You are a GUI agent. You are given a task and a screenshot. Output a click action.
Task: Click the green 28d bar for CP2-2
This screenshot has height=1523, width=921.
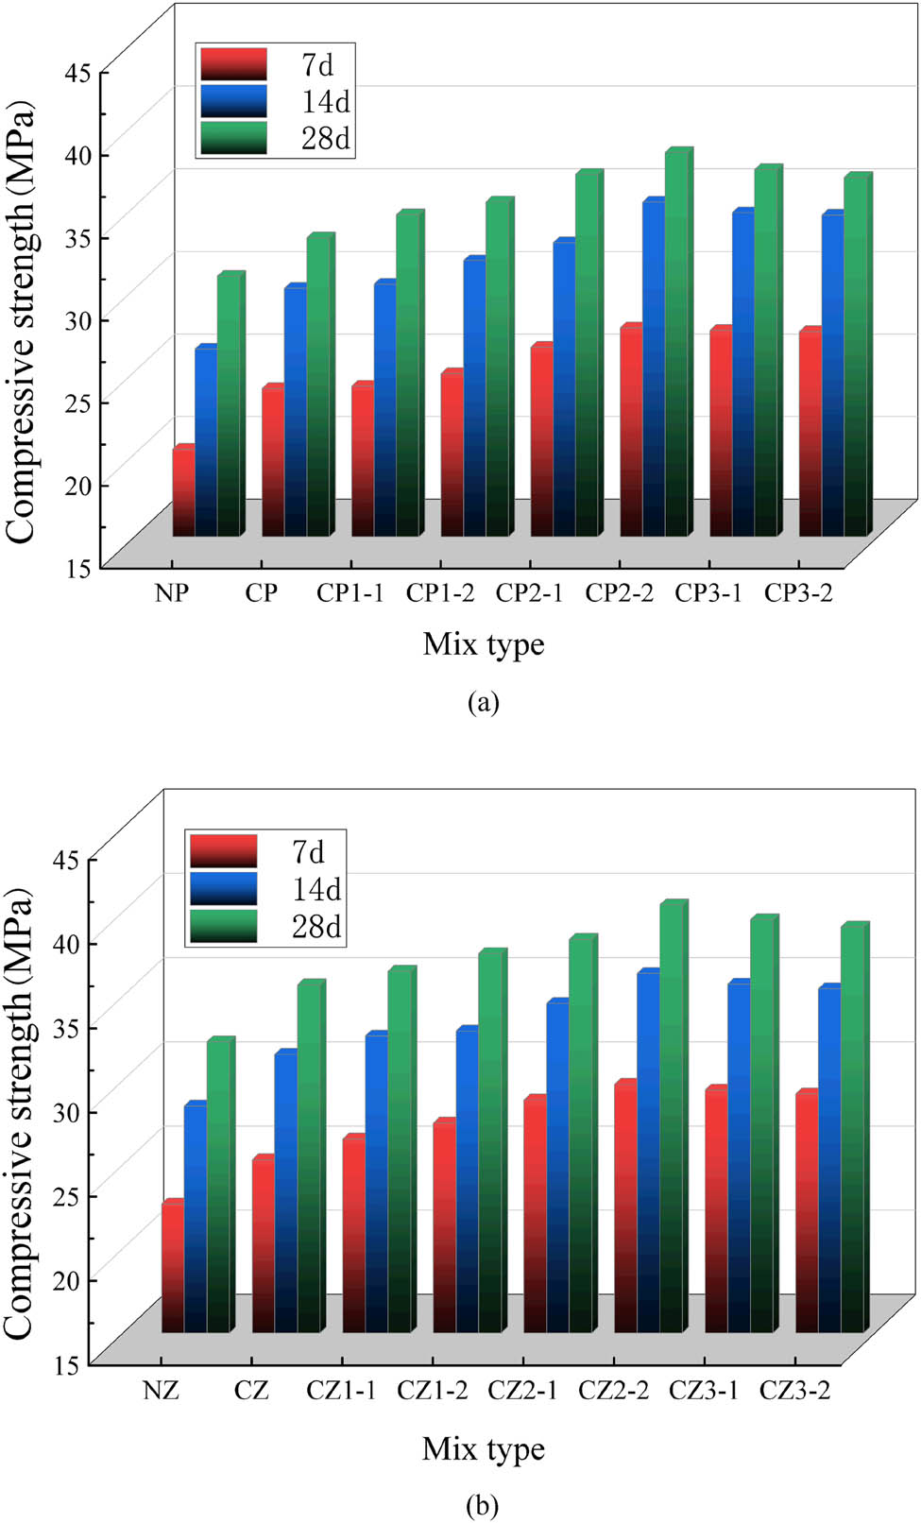tap(677, 345)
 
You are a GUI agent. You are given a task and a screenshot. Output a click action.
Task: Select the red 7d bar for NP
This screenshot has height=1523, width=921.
tap(183, 491)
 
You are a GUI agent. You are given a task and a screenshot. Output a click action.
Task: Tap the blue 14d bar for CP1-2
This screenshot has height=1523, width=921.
tap(474, 397)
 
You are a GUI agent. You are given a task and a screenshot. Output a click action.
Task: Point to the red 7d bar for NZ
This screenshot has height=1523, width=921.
tap(173, 1268)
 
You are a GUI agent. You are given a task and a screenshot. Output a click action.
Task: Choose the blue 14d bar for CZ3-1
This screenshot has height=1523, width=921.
tap(739, 1157)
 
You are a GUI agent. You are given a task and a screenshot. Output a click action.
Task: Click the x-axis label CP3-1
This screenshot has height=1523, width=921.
tap(708, 593)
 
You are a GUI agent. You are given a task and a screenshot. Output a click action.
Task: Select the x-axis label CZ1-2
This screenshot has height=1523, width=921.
tap(432, 1391)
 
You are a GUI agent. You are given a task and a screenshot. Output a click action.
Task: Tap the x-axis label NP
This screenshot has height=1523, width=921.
tap(172, 593)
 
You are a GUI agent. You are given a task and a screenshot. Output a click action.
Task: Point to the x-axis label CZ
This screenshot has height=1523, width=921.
tap(251, 1391)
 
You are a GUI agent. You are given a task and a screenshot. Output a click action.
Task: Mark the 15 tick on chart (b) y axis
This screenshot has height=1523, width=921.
tap(71, 1364)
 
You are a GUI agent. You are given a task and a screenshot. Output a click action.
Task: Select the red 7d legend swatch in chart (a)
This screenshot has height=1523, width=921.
tap(233, 64)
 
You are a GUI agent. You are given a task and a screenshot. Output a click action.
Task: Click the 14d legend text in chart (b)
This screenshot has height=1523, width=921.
tap(316, 889)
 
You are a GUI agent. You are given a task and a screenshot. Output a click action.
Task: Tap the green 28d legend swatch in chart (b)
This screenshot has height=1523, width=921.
tap(223, 926)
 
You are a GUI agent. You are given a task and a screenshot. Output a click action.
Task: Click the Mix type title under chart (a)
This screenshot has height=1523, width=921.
tap(484, 644)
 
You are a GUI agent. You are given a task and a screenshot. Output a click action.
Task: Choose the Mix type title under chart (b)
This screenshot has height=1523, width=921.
tap(484, 1448)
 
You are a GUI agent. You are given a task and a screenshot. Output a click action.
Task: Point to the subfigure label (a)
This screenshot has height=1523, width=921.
tap(483, 702)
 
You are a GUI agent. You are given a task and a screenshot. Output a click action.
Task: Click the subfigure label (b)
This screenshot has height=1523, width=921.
tap(483, 1505)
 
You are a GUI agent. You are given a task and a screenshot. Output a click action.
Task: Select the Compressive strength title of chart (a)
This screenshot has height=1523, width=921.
tap(21, 321)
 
